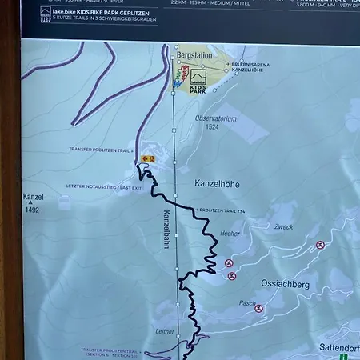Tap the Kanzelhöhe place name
click(217, 184)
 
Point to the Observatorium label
click(217, 118)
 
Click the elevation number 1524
click(211, 126)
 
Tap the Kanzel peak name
click(34, 197)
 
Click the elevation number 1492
click(33, 211)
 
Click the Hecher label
click(230, 234)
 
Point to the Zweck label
click(283, 227)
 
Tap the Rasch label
click(247, 303)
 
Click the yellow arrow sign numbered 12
click(146, 158)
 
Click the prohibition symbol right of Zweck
click(321, 245)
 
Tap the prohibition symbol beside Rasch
click(258, 309)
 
